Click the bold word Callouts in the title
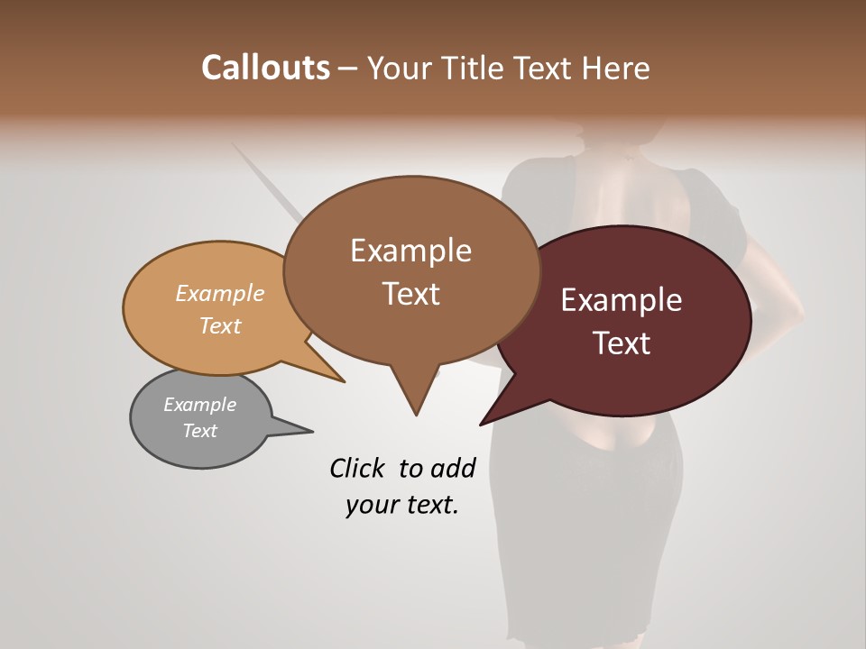tap(265, 69)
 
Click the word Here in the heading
tap(616, 69)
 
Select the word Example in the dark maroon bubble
tap(622, 300)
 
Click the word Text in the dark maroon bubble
tap(622, 343)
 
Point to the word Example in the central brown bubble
tap(410, 251)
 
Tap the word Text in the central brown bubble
tap(411, 294)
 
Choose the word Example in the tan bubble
tap(220, 294)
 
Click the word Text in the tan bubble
tap(220, 325)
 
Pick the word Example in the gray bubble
tap(199, 405)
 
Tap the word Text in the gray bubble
tap(199, 431)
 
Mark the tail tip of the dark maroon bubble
tap(482, 424)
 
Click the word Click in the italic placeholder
tap(358, 468)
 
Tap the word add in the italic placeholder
tap(454, 468)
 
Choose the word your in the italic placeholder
tap(373, 505)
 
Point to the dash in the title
tap(348, 69)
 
